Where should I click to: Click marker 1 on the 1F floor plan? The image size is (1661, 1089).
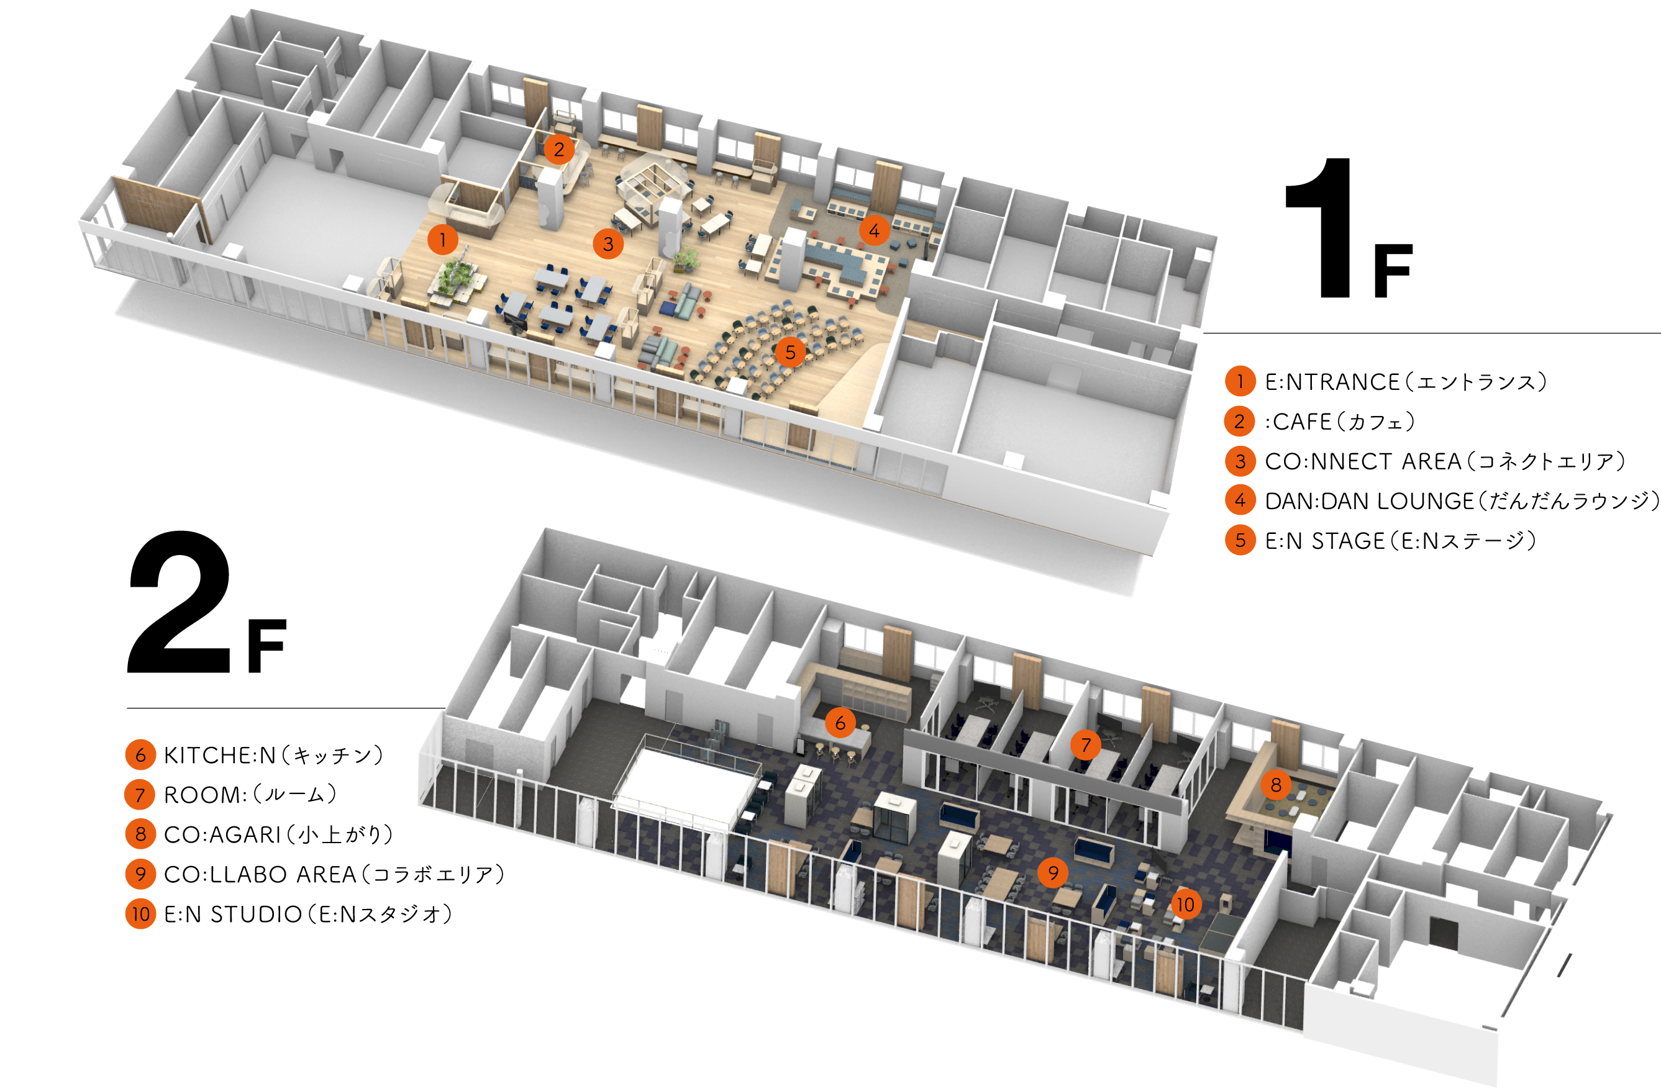pos(442,240)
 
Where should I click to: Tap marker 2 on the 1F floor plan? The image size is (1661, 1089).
pos(559,148)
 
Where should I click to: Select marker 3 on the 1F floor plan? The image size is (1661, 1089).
pos(608,243)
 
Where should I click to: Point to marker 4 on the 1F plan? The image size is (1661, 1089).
pos(874,230)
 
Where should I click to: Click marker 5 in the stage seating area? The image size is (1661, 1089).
pos(790,351)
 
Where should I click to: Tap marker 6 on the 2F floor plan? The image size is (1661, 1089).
pos(840,723)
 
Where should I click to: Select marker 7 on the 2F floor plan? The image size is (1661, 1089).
pos(1085,745)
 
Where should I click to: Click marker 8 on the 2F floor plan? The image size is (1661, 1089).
pos(1276,785)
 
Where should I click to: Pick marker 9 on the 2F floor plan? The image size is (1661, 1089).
pos(1052,872)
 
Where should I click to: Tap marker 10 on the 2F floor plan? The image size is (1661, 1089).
pos(1185,905)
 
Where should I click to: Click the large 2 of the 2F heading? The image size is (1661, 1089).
pos(180,602)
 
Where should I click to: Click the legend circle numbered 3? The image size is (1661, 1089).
pos(1240,461)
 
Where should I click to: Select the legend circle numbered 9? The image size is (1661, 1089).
pos(140,874)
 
